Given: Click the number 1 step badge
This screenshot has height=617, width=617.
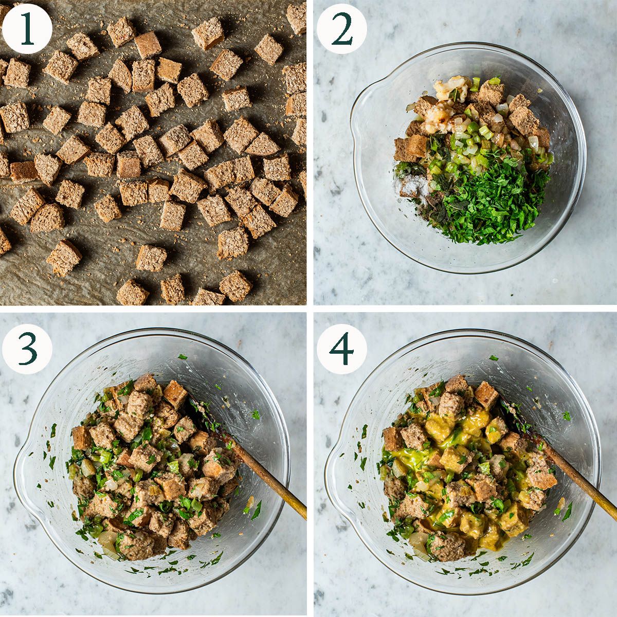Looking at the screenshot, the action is pos(27,28).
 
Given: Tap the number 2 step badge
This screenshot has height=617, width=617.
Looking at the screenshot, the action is pos(341,28).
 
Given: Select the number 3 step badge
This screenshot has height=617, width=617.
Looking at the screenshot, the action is pos(27,349).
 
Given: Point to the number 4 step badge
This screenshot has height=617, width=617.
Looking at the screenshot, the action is pos(341,349).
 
